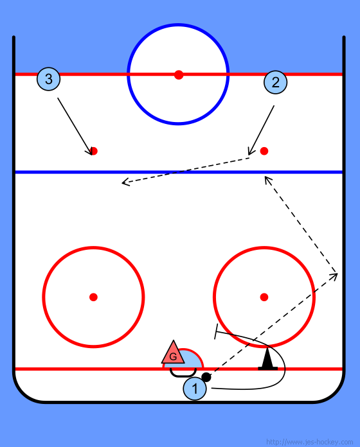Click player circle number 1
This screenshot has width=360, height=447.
195,389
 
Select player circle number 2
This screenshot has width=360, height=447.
275,82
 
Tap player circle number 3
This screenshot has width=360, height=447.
48,79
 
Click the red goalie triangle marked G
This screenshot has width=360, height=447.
173,353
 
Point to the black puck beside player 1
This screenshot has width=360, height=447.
206,377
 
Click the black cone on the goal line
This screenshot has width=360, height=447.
267,359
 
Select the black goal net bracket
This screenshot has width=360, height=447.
183,373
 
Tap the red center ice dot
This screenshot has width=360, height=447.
179,75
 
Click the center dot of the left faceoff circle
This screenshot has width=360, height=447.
93,297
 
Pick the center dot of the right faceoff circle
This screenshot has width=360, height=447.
264,297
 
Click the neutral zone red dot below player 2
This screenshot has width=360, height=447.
264,151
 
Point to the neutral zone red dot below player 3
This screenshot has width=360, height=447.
94,151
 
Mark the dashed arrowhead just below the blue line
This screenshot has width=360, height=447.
265,177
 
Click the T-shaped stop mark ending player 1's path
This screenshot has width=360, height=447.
216,331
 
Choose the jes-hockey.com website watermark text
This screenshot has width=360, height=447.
309,442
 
